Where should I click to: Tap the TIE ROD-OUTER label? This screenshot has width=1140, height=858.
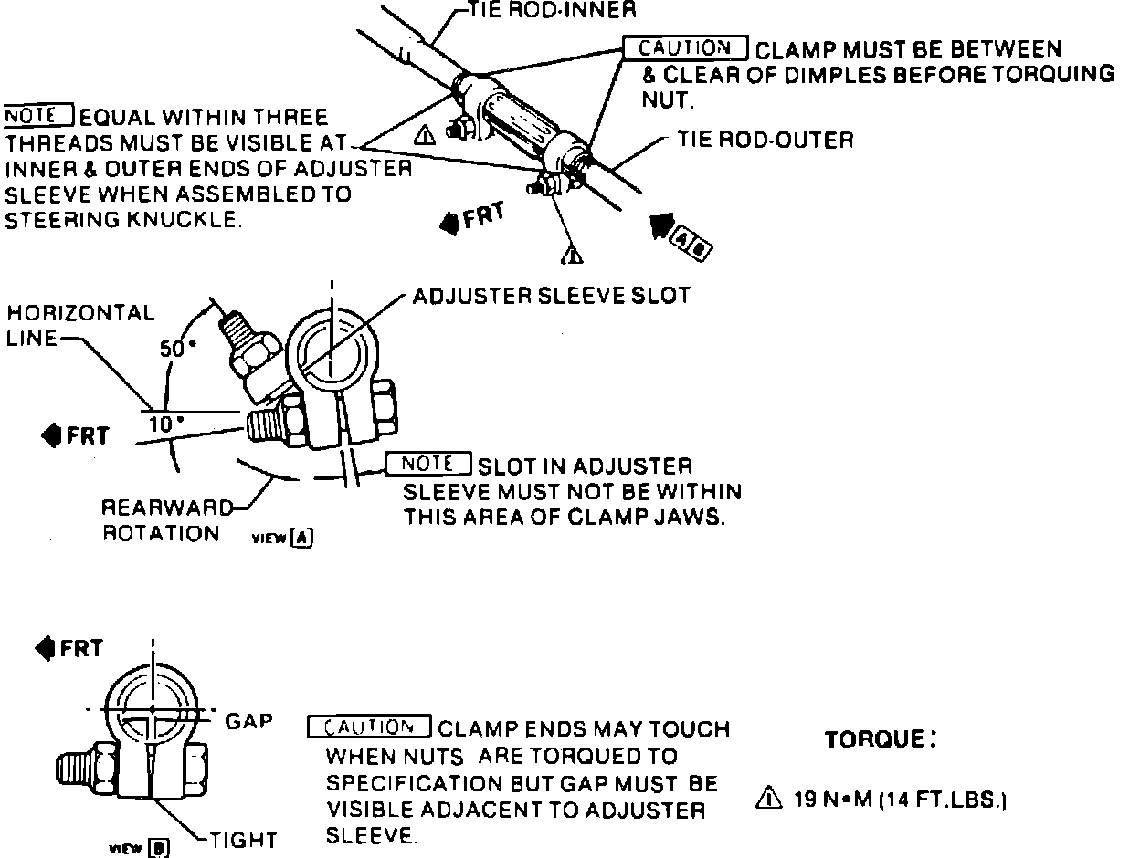coord(765,140)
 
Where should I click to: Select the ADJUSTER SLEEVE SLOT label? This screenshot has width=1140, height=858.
coord(552,297)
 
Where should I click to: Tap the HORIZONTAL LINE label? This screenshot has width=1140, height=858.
coord(81,326)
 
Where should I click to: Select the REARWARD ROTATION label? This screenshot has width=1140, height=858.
coord(160,519)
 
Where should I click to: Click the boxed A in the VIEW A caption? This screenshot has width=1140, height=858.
coord(302,538)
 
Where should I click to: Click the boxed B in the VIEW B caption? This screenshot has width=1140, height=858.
coord(159,848)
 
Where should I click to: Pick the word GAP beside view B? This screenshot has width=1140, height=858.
coord(248,721)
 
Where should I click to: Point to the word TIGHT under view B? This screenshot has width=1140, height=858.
coord(243,841)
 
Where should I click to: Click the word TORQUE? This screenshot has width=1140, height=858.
coord(880,739)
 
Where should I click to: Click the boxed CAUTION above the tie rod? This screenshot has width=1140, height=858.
coord(685,47)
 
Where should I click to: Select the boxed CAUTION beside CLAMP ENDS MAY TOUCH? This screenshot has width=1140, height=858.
coord(370,727)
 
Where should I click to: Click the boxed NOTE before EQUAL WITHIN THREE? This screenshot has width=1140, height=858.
coord(37,117)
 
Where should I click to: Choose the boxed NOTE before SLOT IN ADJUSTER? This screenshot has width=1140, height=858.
coord(427,464)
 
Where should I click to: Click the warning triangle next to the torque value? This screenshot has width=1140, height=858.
coord(769,800)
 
